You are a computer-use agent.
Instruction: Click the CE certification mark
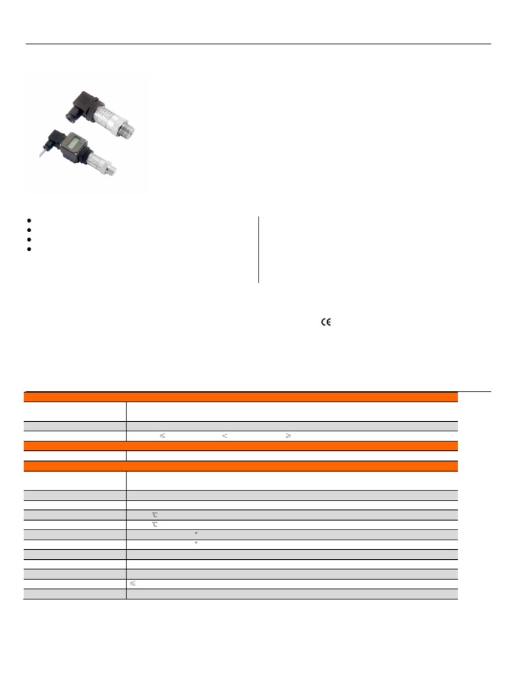326,322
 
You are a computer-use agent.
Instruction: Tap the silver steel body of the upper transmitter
105,118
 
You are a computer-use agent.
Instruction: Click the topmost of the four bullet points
30,221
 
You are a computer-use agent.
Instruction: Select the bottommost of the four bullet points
30,249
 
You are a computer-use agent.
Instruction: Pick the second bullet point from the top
30,230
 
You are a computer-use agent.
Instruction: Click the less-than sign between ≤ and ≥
224,435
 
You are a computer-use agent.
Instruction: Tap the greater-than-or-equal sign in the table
287,435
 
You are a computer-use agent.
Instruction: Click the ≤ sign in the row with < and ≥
162,435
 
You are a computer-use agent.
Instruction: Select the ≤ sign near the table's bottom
133,584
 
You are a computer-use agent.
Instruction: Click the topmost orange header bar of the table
241,397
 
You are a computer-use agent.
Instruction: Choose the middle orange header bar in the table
241,445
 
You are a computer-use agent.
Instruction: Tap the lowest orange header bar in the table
241,466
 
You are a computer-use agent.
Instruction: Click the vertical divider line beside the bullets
258,249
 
